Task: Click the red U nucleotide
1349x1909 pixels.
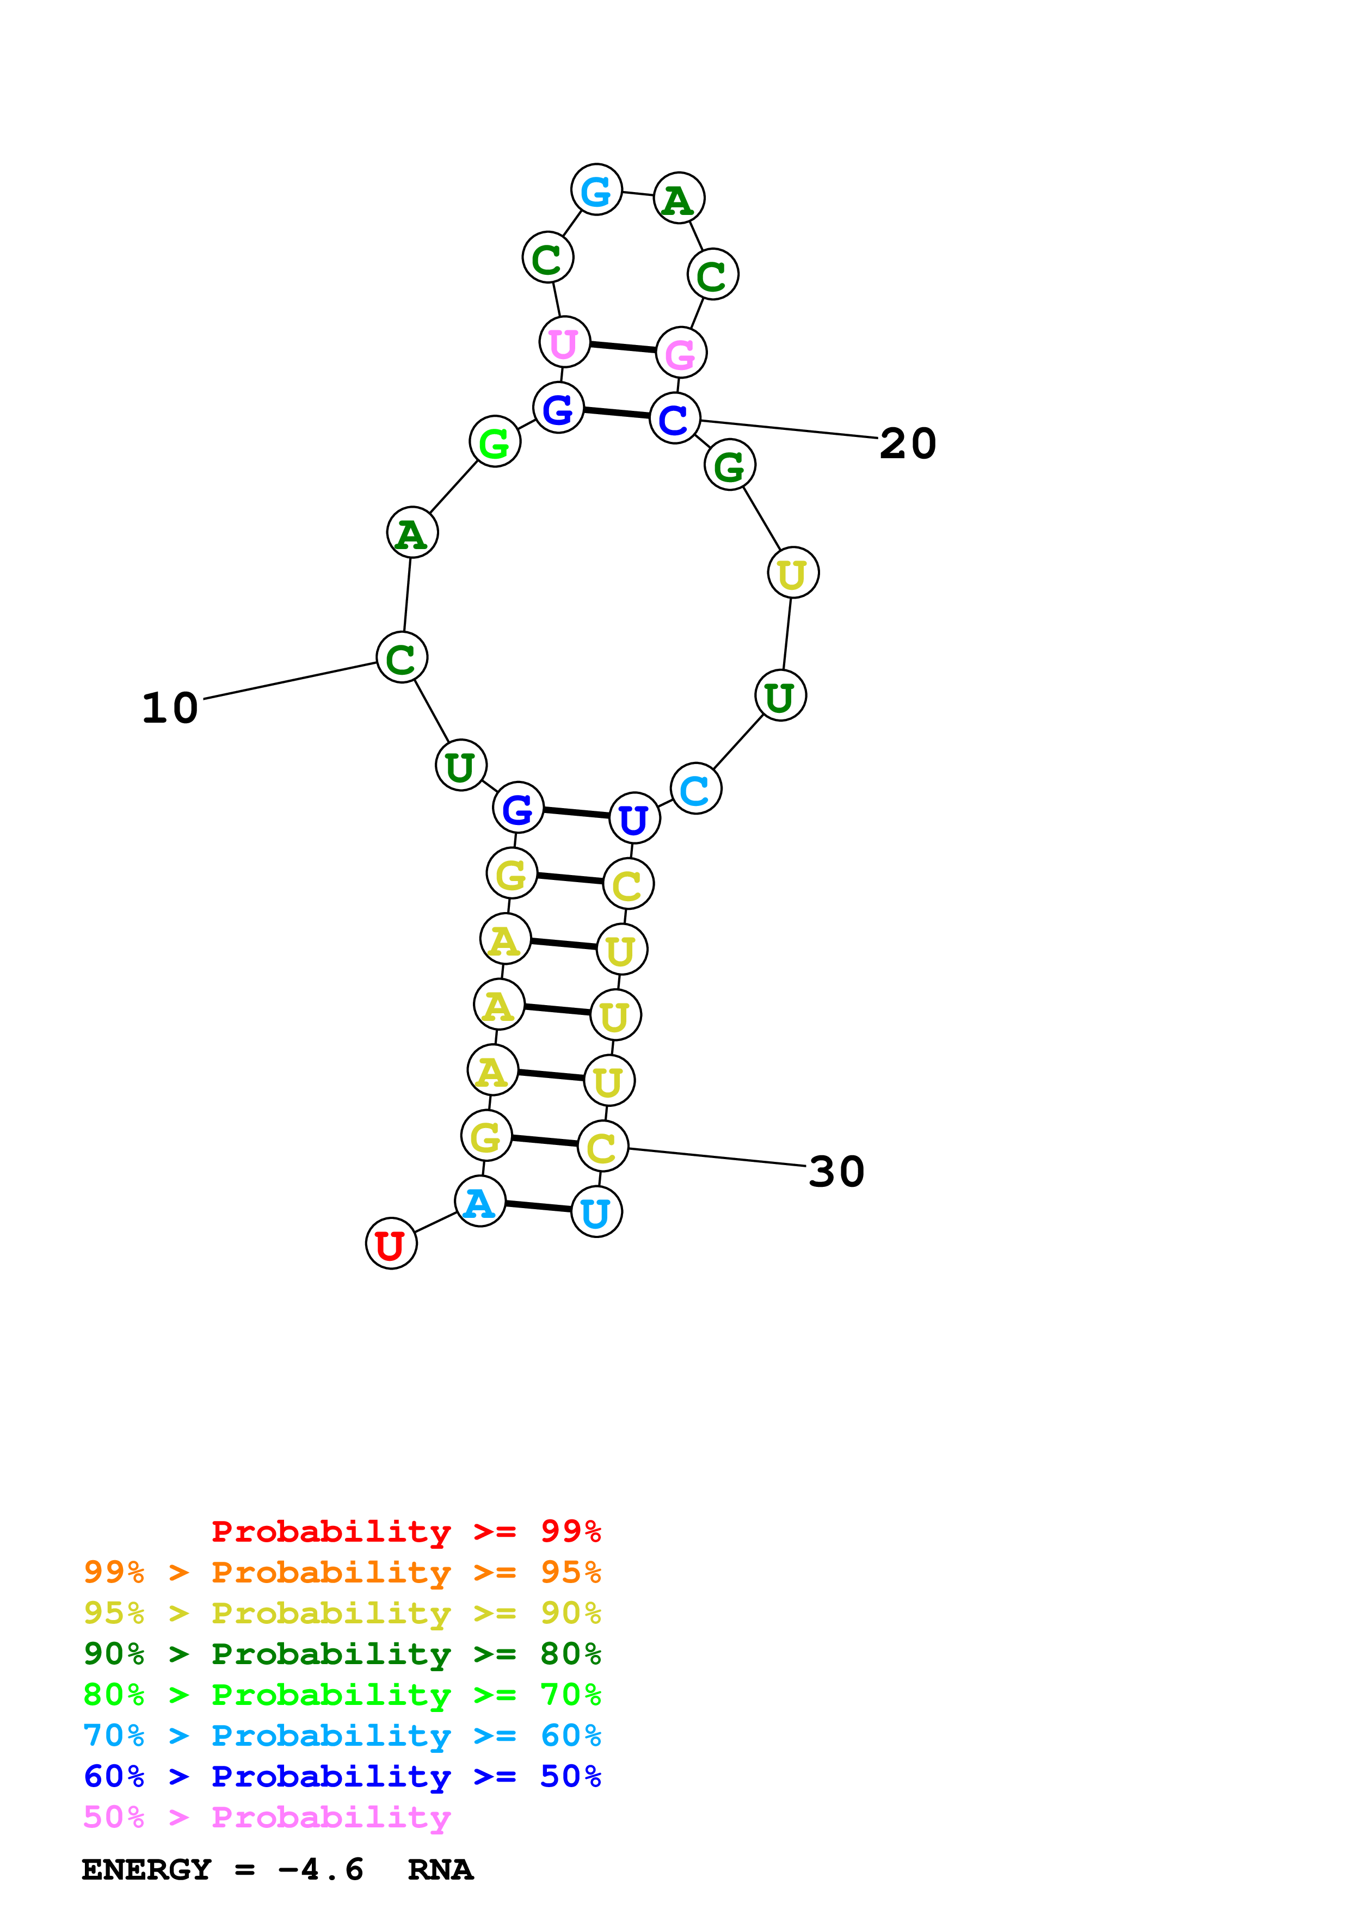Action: point(391,1244)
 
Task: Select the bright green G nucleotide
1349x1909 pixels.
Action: point(495,441)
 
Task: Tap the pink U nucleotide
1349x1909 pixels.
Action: point(564,342)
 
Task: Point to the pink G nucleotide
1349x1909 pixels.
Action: point(681,353)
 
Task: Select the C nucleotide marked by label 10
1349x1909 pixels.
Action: point(402,658)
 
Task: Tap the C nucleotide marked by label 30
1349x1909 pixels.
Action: point(602,1147)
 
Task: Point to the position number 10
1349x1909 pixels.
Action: point(170,709)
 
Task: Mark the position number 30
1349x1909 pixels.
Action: point(836,1172)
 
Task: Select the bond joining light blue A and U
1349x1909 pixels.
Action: point(538,1206)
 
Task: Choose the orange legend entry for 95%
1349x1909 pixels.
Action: point(342,1572)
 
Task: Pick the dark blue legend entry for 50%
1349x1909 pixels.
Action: point(342,1776)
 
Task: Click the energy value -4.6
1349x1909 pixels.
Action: point(321,1870)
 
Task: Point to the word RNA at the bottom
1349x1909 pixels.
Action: point(441,1870)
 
